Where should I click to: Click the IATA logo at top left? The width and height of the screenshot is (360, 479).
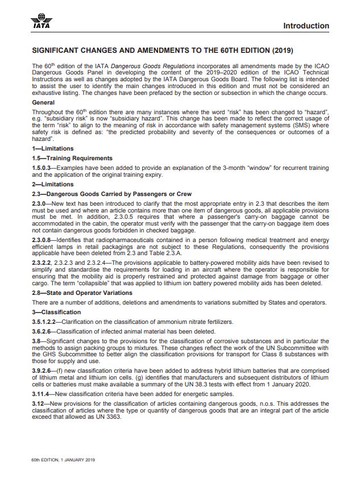pos(40,22)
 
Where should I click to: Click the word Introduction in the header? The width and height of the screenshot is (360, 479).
pos(305,26)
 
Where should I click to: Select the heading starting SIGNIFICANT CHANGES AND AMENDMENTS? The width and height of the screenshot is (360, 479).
pos(163,50)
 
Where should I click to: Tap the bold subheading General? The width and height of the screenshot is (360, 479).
pos(44,103)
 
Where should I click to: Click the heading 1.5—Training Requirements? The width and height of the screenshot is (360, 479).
pos(72,158)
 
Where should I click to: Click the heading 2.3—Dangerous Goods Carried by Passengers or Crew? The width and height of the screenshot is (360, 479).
pos(111,195)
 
